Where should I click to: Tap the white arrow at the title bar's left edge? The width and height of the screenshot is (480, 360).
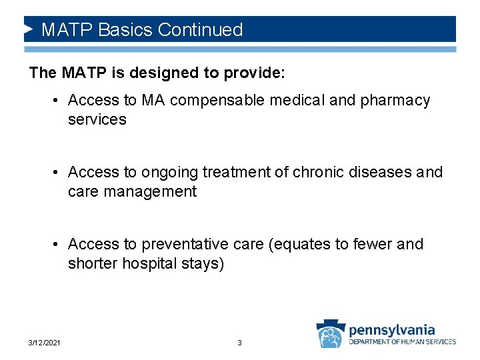[x=29, y=30]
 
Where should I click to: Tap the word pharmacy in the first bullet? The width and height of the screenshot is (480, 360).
[x=397, y=101]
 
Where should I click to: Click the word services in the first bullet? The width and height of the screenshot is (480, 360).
[x=97, y=119]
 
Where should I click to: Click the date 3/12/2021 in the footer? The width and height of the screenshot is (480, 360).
[x=45, y=343]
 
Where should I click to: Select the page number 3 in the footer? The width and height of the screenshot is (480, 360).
[x=239, y=343]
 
